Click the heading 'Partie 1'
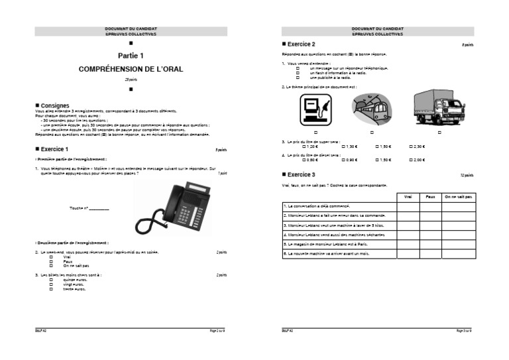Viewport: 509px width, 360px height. coord(131,56)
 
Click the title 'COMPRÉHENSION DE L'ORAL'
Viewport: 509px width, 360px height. coord(130,69)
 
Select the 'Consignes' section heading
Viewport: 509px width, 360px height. coord(54,105)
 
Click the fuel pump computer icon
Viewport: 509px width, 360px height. coord(313,108)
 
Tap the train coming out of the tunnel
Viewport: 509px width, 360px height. coord(373,109)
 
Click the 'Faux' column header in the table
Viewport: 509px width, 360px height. coord(429,197)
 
